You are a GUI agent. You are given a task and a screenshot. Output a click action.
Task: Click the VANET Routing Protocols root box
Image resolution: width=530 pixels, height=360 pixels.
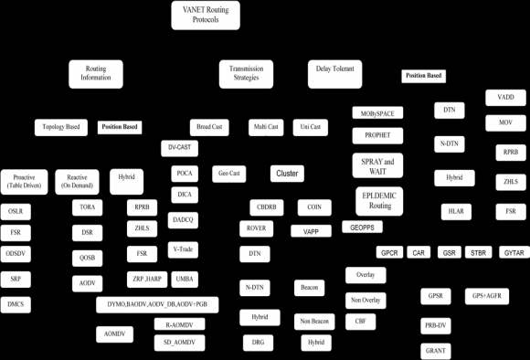click(207, 16)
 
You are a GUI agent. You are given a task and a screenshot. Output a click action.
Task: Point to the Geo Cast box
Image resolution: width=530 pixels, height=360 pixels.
click(229, 172)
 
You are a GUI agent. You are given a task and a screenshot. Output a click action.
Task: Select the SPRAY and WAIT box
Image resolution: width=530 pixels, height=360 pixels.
click(377, 165)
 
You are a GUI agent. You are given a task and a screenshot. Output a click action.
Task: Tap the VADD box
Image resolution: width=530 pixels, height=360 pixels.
click(505, 97)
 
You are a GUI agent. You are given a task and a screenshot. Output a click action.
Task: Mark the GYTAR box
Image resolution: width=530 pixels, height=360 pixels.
click(514, 252)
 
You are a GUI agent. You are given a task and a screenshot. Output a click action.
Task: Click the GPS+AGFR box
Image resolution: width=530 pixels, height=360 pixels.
click(486, 296)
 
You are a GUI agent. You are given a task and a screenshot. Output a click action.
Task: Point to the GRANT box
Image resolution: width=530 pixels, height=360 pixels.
click(435, 350)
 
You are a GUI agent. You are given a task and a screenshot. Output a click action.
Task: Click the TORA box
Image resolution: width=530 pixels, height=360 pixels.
click(89, 207)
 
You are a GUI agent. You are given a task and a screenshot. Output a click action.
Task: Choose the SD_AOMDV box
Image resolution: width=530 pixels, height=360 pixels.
click(179, 342)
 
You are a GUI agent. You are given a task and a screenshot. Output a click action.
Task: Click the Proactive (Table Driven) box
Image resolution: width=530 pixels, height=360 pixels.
click(24, 182)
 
